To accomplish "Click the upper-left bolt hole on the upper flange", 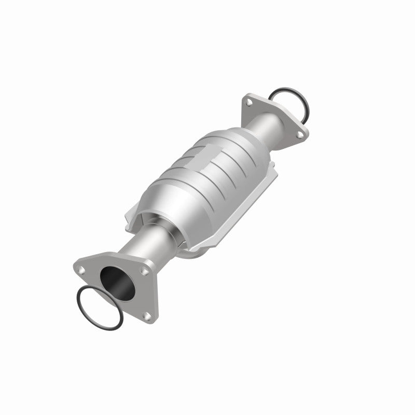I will [250, 104].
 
